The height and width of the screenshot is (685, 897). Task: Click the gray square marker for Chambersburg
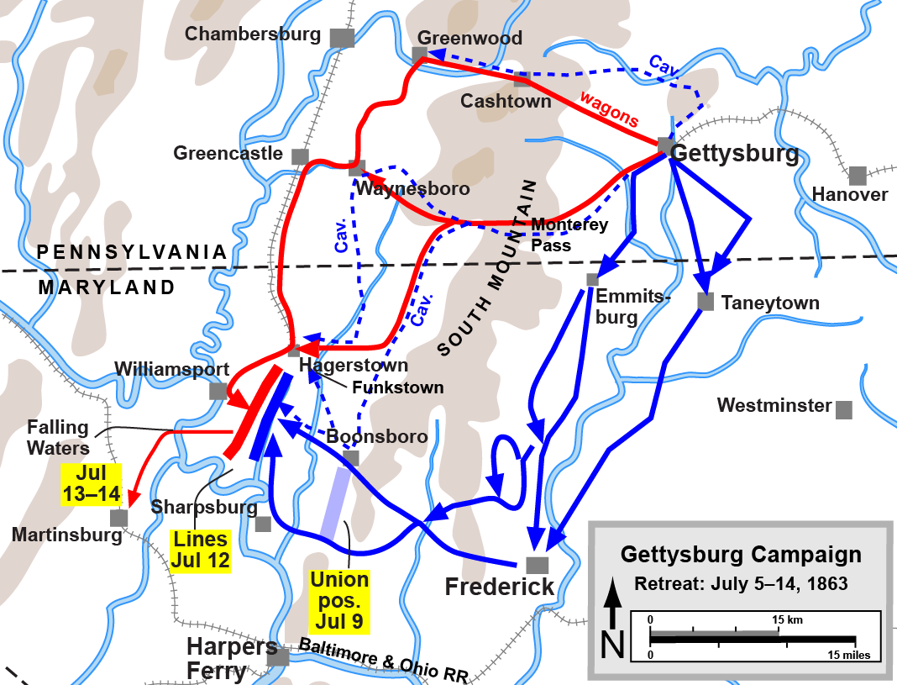341,38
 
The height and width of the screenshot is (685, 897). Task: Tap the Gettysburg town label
736,154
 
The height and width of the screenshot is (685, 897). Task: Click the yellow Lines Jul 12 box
201,551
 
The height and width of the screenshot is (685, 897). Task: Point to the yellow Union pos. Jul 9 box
339,601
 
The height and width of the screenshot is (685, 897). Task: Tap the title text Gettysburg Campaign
740,555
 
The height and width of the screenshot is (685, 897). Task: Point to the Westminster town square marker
844,409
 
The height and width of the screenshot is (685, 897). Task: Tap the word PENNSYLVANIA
132,252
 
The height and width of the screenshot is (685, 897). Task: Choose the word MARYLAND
108,287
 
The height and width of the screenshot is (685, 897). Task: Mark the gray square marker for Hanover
857,176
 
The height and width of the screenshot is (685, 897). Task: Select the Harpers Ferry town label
232,659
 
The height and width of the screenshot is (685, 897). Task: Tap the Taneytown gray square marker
706,302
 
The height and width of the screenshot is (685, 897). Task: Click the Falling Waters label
58,437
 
